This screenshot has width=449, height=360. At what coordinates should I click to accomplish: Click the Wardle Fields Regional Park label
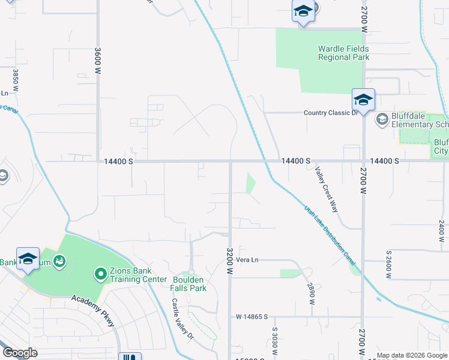click(343, 53)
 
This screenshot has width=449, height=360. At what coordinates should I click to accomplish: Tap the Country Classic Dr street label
click(331, 112)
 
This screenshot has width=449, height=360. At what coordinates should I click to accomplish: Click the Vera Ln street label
click(247, 259)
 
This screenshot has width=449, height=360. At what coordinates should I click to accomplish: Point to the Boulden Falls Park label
click(189, 284)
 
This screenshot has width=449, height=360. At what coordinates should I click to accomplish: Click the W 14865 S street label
click(252, 316)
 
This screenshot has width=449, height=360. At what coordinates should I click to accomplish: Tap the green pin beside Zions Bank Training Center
click(100, 275)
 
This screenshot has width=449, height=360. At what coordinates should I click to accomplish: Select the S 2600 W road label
click(389, 264)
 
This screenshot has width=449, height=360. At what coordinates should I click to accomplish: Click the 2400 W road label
click(441, 234)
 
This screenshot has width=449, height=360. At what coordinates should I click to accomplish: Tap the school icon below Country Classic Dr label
click(363, 100)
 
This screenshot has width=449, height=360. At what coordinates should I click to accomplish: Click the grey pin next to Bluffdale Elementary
click(382, 120)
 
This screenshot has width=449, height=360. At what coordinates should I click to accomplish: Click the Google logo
click(20, 353)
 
